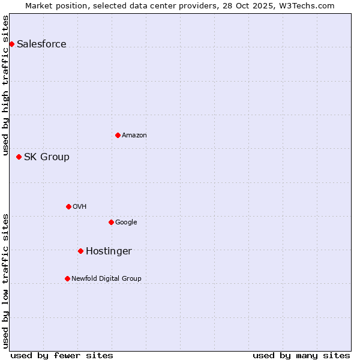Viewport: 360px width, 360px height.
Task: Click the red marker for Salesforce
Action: [11, 44]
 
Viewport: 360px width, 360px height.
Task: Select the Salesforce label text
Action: [41, 44]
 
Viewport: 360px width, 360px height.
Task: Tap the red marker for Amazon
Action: [118, 135]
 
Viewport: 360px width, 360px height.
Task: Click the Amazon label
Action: [134, 136]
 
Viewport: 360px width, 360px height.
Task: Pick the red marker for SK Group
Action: [19, 157]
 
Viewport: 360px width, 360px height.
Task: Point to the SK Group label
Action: [47, 157]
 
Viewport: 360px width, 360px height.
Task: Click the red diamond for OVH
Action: [68, 206]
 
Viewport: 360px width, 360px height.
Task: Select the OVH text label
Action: [80, 207]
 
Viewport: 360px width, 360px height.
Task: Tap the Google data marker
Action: [111, 222]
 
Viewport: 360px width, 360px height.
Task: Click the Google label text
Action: [126, 223]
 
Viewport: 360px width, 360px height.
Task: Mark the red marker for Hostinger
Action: [80, 251]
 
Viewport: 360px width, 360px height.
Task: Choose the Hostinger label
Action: [109, 251]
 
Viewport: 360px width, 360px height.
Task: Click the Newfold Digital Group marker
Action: [67, 278]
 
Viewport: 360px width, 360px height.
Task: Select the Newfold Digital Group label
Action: [106, 279]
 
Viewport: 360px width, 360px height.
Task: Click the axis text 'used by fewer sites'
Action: [62, 355]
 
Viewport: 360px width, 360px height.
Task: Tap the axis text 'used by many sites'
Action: [301, 355]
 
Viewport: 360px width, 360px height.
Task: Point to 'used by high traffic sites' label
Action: [6, 85]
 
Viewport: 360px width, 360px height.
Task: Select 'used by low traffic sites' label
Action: [6, 281]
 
